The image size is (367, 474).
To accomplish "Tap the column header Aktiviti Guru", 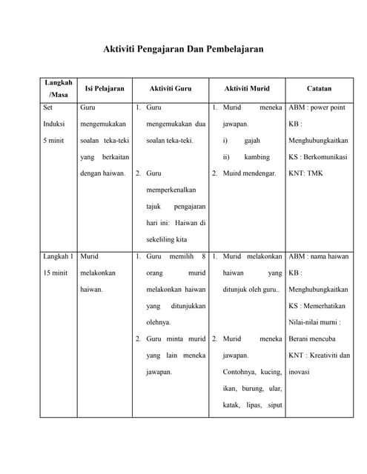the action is (171, 88).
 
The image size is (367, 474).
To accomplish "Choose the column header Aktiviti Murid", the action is (247, 88).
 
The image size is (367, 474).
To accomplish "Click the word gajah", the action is (254, 140).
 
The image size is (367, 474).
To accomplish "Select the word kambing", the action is (257, 157).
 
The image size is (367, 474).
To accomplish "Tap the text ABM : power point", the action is (317, 107).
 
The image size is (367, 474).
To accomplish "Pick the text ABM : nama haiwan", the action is (318, 256).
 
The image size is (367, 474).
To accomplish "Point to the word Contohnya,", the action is (242, 372).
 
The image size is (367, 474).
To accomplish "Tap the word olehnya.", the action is (159, 322).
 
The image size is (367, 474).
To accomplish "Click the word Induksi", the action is (53, 124).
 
